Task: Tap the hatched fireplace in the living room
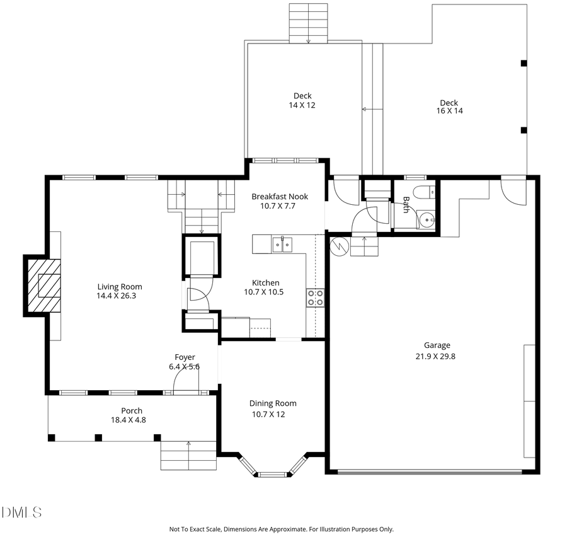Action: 43,285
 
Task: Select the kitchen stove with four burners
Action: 315,297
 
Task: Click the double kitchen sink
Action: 282,243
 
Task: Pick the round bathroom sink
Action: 427,221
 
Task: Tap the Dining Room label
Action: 273,403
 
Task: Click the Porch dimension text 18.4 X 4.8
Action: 128,420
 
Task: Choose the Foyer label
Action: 185,357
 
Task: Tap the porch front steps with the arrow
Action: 188,455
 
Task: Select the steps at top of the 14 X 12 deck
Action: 309,23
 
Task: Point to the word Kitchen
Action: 265,283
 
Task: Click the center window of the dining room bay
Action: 272,474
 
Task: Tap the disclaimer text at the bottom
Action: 281,529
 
